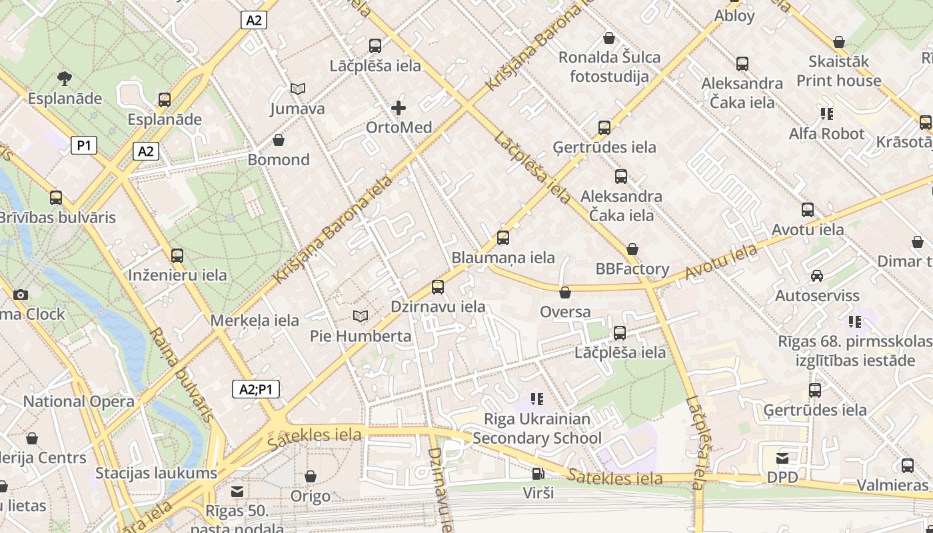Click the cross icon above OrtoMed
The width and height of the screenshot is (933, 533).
pyautogui.click(x=399, y=107)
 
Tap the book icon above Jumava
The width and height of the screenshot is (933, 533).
pyautogui.click(x=298, y=89)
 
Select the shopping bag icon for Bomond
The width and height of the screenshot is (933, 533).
pyautogui.click(x=279, y=140)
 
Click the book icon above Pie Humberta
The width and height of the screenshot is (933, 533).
pyautogui.click(x=361, y=316)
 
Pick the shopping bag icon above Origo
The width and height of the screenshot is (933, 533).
pyautogui.click(x=310, y=476)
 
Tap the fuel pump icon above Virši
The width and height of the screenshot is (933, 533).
pyautogui.click(x=538, y=474)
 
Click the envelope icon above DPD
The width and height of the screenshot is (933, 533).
pyautogui.click(x=782, y=458)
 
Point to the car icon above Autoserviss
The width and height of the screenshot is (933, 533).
pyautogui.click(x=816, y=276)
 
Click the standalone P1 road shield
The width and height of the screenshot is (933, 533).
pyautogui.click(x=84, y=145)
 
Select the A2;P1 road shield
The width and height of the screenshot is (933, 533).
pyautogui.click(x=256, y=390)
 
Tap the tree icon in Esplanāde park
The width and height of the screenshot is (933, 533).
pyautogui.click(x=65, y=79)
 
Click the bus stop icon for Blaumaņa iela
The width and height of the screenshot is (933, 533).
pyautogui.click(x=503, y=238)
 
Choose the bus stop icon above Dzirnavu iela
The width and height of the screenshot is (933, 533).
pyautogui.click(x=437, y=287)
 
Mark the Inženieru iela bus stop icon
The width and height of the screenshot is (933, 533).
pyautogui.click(x=177, y=255)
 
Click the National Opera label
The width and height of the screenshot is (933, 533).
pyautogui.click(x=79, y=402)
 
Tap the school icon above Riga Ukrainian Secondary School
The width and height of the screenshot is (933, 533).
pyautogui.click(x=537, y=399)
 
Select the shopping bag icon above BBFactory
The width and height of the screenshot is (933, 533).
pyautogui.click(x=632, y=249)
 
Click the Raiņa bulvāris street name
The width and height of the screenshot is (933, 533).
pyautogui.click(x=181, y=375)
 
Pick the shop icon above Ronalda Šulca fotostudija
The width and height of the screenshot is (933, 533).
pyautogui.click(x=608, y=38)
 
